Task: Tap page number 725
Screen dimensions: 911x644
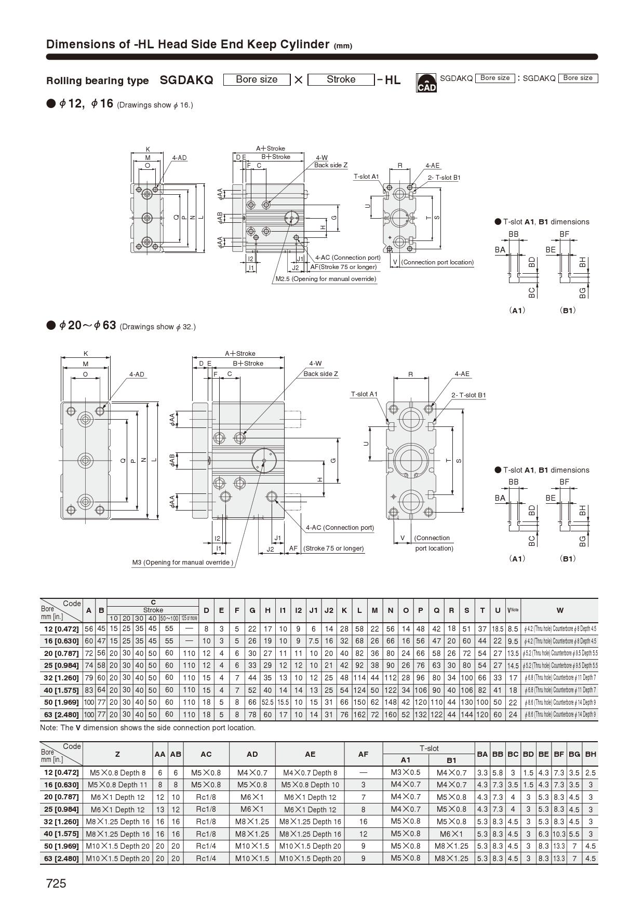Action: (x=56, y=883)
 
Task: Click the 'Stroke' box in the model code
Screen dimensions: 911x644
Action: (x=341, y=79)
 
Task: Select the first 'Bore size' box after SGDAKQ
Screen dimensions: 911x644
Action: (x=256, y=79)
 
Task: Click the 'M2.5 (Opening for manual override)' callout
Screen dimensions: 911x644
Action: (x=326, y=279)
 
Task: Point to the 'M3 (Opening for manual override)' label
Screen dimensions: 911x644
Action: (x=182, y=562)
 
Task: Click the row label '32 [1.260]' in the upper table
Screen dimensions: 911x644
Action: (x=61, y=678)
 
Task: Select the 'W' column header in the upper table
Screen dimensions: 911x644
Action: (x=559, y=610)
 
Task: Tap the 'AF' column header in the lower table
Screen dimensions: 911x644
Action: (x=363, y=754)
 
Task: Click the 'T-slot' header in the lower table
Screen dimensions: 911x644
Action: (x=429, y=748)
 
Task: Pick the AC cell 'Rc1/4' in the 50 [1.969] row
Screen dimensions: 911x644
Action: (x=206, y=846)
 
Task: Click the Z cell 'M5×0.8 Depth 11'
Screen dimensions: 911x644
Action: (x=117, y=785)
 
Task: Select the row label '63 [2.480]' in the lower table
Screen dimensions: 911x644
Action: (x=61, y=859)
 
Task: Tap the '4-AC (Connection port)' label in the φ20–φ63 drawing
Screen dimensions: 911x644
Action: (x=340, y=528)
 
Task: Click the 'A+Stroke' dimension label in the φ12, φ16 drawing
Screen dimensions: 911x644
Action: (x=270, y=149)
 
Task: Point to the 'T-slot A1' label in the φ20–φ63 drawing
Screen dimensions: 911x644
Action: (x=364, y=394)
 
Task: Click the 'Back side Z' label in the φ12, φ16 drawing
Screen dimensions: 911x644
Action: (x=330, y=165)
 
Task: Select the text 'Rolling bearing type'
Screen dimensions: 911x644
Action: (x=97, y=81)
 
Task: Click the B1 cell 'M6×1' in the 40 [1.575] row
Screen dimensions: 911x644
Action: (x=451, y=834)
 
